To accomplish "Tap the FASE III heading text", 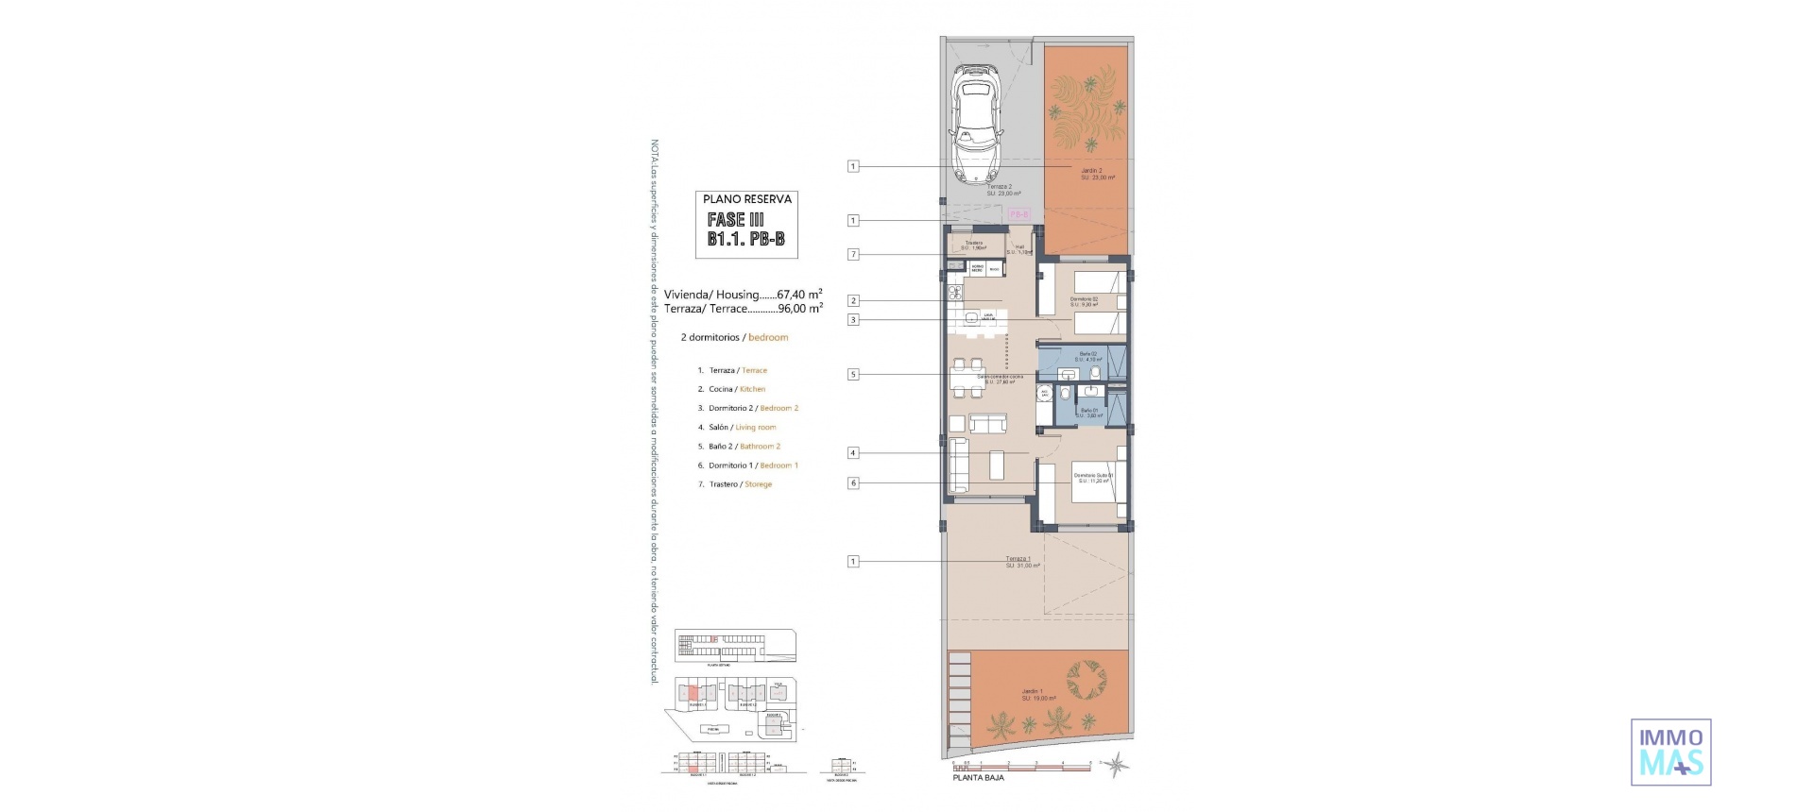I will point(736,219).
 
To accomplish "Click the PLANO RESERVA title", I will point(746,199).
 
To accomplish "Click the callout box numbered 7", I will point(853,254).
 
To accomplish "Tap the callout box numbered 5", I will point(853,374).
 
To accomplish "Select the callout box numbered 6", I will point(853,482).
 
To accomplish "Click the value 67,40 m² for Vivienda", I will point(799,294).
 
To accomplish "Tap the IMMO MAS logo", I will point(1670,753).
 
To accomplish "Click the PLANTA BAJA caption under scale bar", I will point(978,778).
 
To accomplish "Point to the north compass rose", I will point(1117,764).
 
